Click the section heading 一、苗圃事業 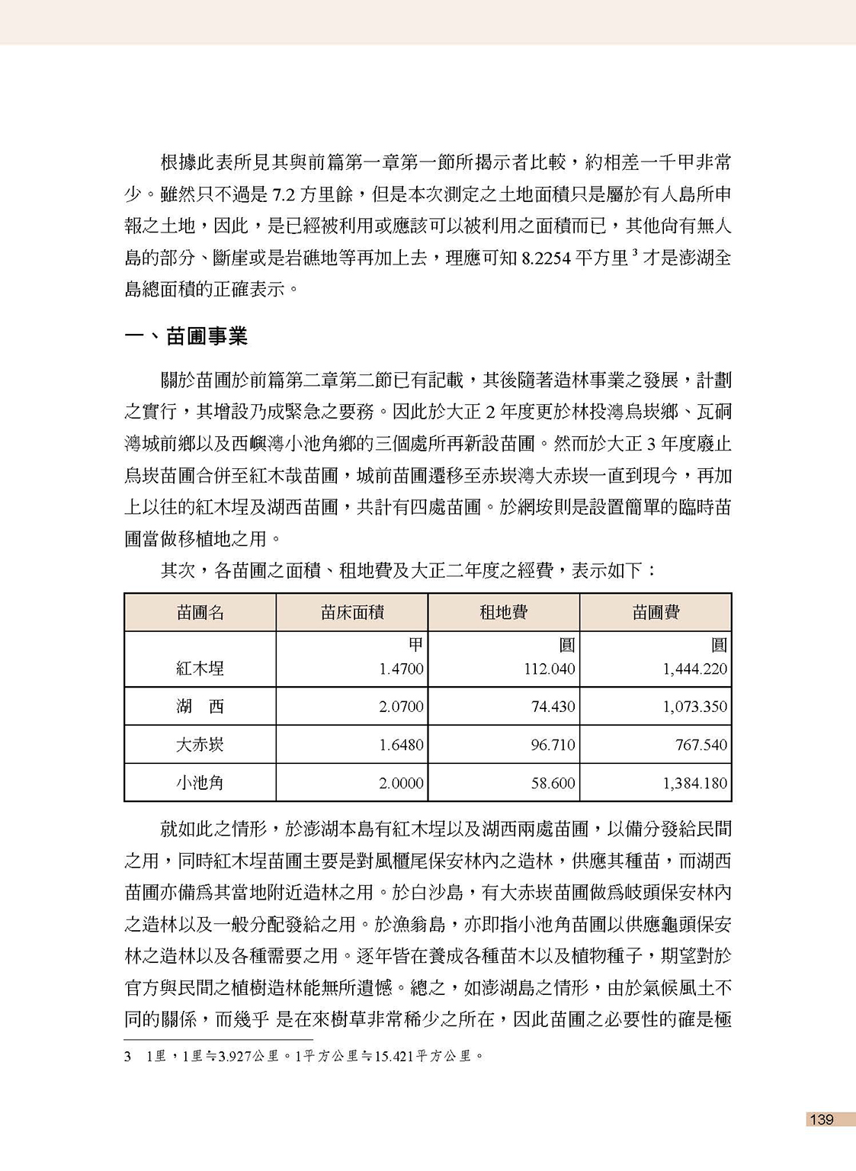(187, 336)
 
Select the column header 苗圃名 (200, 612)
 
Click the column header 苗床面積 (351, 612)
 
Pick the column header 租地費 (503, 612)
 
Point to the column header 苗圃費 (656, 612)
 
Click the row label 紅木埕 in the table (200, 669)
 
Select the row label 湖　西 (200, 707)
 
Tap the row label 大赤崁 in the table (200, 745)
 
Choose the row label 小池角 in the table (200, 783)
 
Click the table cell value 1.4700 (401, 669)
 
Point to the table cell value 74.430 (553, 707)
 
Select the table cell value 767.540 (701, 745)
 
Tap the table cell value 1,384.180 (694, 783)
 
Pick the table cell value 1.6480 (401, 745)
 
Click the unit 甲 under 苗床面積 (415, 645)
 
